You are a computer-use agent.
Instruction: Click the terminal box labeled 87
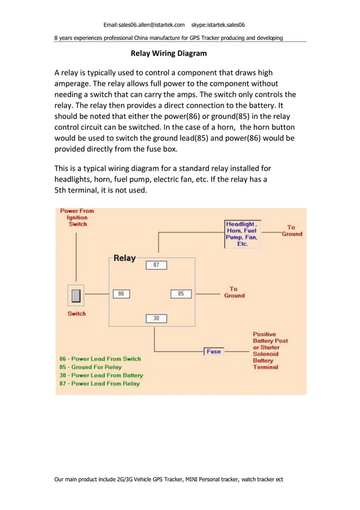156,264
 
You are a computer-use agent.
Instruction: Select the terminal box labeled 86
121,294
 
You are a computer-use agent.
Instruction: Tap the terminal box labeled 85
181,294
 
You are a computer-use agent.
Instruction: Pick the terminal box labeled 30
156,319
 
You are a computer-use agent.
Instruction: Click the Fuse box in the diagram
213,351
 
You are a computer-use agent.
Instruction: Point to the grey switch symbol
76,295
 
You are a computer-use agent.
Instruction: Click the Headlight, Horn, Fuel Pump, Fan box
242,234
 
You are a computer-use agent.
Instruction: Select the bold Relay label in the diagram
125,258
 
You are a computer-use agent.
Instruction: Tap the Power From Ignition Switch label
77,217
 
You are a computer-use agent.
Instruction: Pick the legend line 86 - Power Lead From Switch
100,359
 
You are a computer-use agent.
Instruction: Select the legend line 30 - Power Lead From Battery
101,375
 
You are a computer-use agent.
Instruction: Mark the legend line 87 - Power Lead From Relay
99,383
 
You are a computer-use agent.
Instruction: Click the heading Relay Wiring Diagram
169,54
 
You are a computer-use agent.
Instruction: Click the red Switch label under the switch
77,313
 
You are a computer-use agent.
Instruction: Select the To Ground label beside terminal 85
234,292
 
